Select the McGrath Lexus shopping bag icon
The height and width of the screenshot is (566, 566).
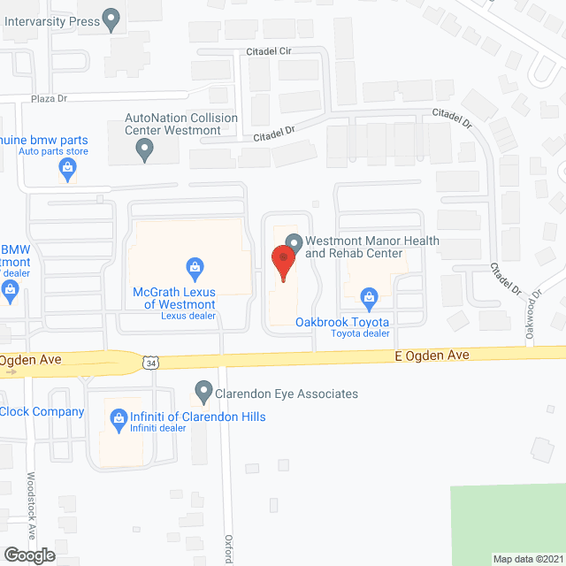click(x=195, y=265)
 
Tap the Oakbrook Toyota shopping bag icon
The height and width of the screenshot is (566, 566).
click(x=371, y=296)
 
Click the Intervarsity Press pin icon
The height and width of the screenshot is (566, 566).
click(x=111, y=19)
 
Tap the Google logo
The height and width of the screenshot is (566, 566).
click(x=28, y=555)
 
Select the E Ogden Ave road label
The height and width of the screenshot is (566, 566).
click(x=431, y=355)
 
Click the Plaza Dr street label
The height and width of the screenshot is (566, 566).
click(x=50, y=98)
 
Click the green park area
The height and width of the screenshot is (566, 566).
click(x=509, y=522)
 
